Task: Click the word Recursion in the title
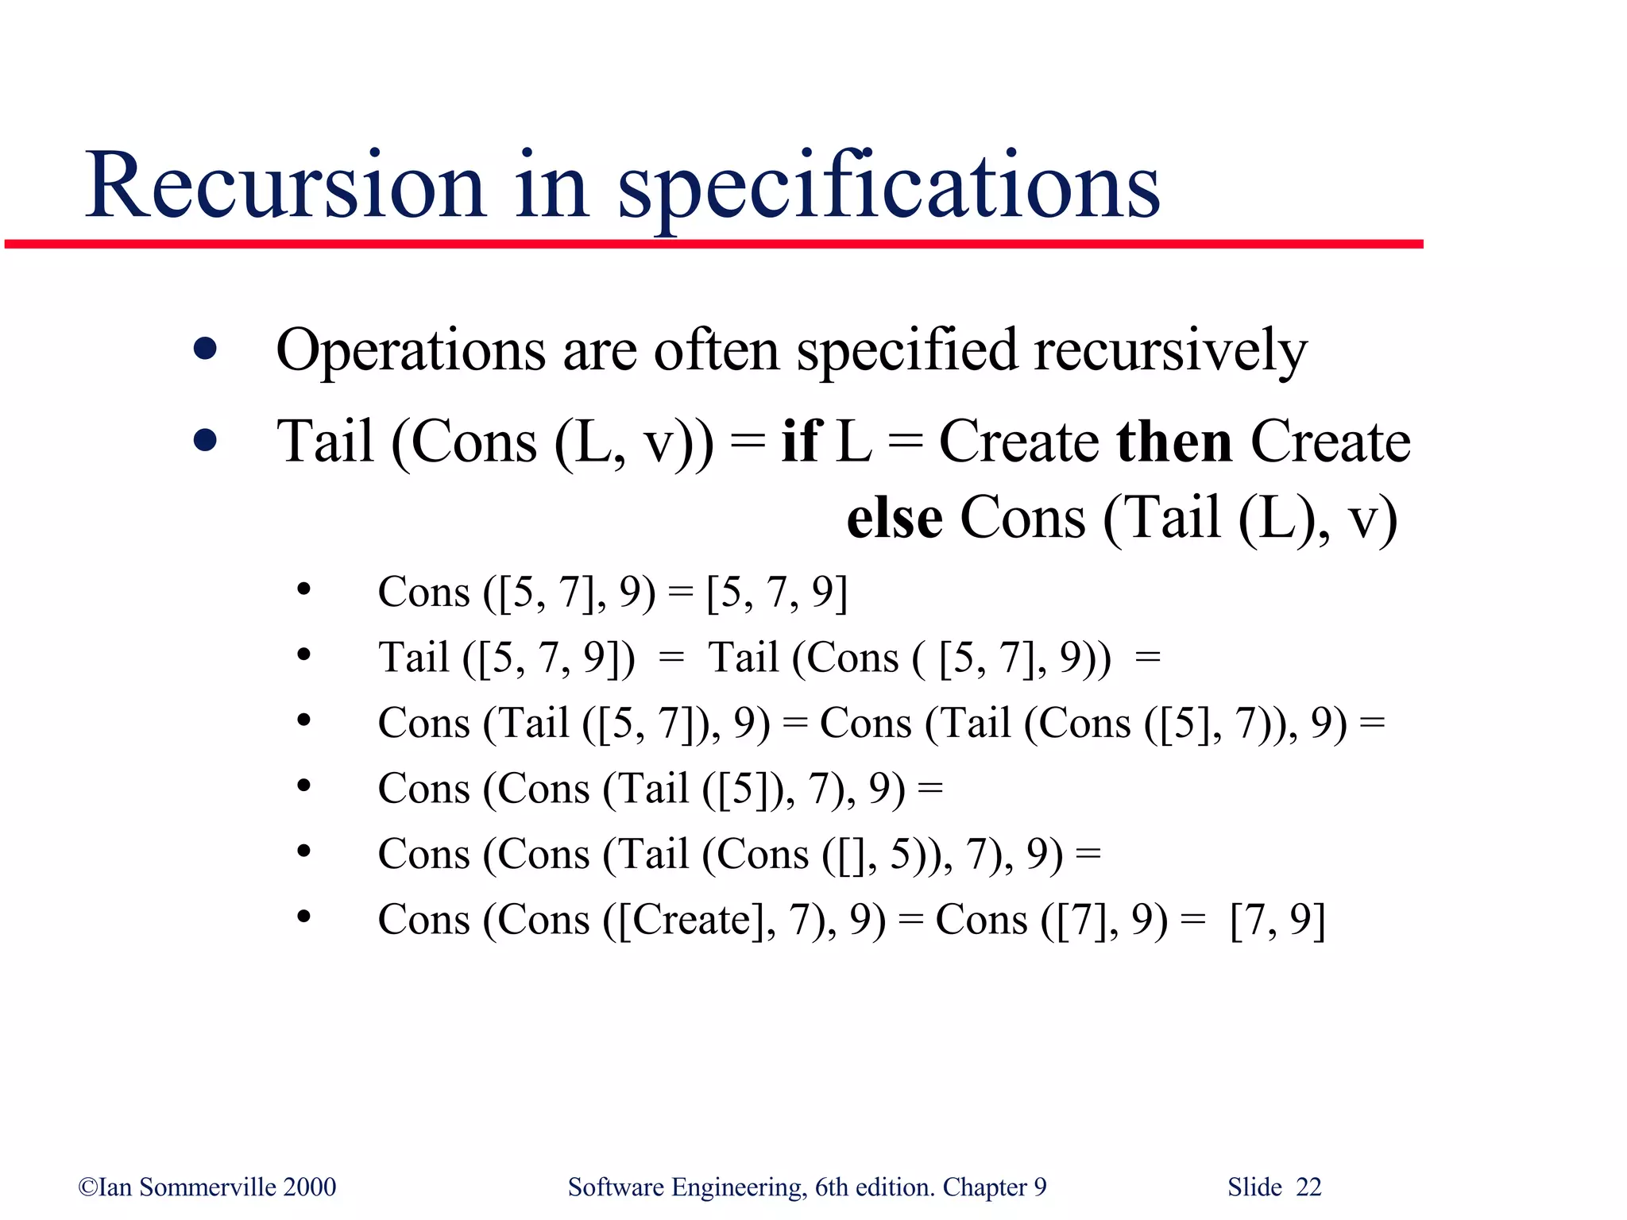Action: [x=286, y=187]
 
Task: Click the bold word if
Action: [x=801, y=441]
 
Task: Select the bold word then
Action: [x=1174, y=441]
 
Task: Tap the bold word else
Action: [x=895, y=518]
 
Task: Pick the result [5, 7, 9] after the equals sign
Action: [x=776, y=593]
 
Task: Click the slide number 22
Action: [x=1308, y=1187]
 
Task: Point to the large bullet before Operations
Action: [x=205, y=349]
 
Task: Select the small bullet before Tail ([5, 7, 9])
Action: [x=303, y=655]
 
